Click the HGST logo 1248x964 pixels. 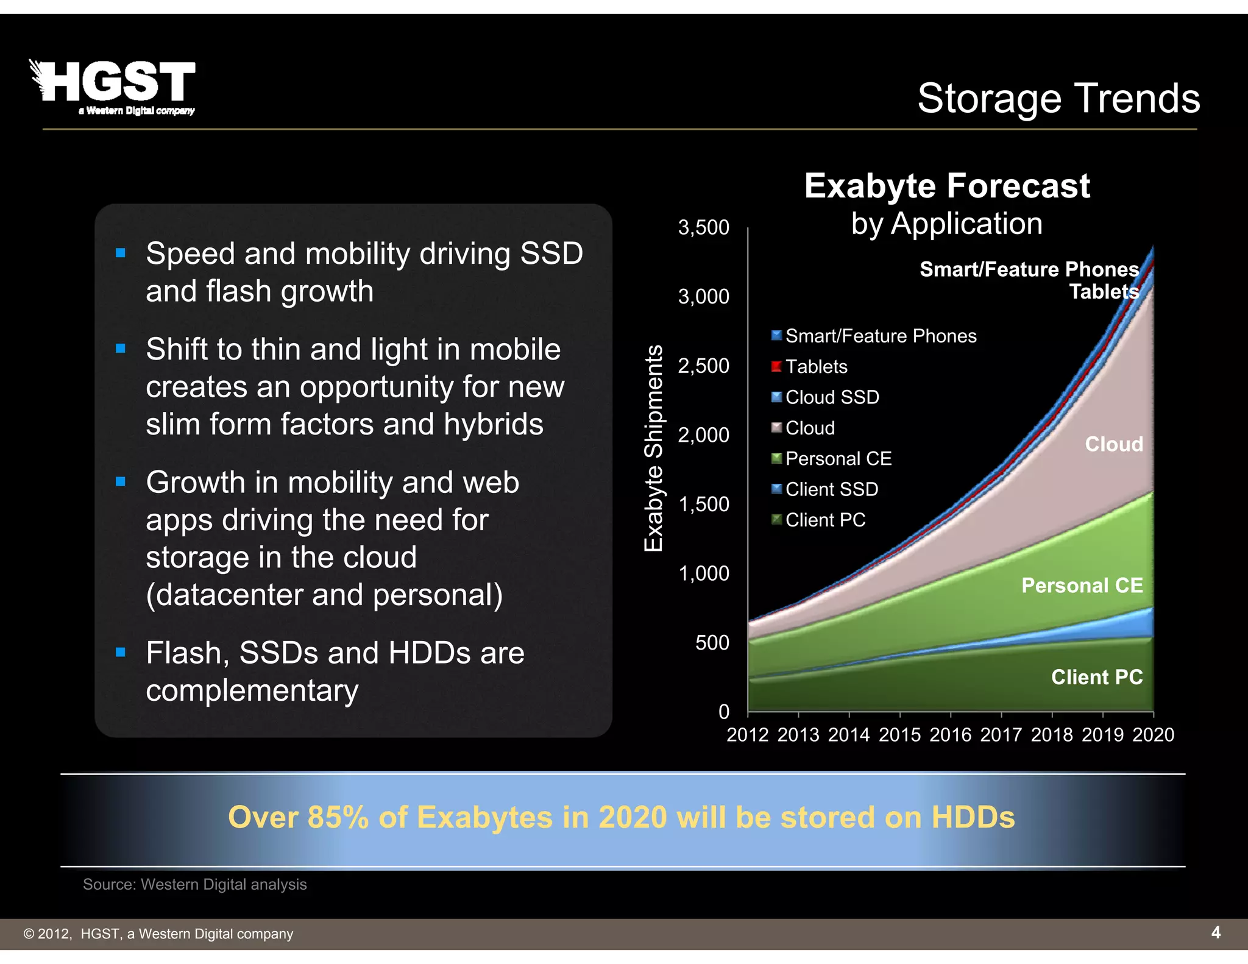click(113, 85)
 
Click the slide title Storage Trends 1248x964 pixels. click(1058, 99)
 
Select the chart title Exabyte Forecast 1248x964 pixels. click(946, 186)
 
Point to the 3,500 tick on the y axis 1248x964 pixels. click(703, 228)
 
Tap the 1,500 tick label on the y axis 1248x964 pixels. click(703, 505)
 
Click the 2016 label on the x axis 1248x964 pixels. click(950, 735)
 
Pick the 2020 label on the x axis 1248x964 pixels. click(1153, 735)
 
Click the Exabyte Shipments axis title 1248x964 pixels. click(653, 448)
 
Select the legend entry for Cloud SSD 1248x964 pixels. click(832, 397)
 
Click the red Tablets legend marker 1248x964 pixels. click(776, 366)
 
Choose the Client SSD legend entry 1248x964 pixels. click(831, 489)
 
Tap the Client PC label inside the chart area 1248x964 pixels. click(1096, 678)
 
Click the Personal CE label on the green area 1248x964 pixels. click(1082, 586)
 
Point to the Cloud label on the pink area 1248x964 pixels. click(1113, 444)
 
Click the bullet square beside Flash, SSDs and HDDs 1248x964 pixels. click(121, 652)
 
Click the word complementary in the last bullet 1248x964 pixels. click(252, 691)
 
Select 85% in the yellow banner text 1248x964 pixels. click(338, 818)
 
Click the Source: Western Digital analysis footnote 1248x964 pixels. click(194, 884)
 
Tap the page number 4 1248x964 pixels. click(1215, 932)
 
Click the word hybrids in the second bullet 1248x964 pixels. click(493, 424)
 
